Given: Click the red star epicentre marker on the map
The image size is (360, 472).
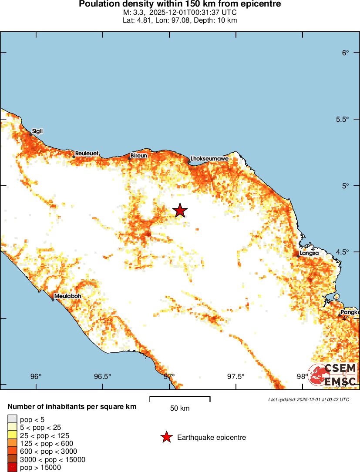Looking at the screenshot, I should pos(180,210).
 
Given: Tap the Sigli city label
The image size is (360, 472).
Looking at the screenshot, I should pos(37,131).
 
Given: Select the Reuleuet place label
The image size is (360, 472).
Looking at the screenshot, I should pos(87,154).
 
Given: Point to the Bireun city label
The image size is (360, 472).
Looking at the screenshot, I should pos(139,155).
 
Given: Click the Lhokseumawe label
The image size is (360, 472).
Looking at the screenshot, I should pos(209,159).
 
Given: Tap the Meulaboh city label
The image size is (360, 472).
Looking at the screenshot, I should pos(67,296).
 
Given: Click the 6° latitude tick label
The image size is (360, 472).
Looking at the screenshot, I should pos(346,53).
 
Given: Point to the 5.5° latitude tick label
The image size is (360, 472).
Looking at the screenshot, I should pos(343,120).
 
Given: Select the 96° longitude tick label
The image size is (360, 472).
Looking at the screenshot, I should pos(36,376).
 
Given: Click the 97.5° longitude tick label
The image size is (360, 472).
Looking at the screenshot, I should pos(236,376).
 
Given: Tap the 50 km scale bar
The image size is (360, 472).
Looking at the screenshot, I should pos(180,399).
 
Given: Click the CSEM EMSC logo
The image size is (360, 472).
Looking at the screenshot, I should pos(333,375).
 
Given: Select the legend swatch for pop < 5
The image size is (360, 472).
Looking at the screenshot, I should pos(12,419).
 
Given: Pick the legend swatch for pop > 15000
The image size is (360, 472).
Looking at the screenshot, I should pos(12,468).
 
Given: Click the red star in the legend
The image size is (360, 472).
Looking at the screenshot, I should pos(166,437).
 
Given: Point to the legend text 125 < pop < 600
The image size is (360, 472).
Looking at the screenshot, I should pos(48,444).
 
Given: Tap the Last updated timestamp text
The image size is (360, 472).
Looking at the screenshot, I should pos(309,399).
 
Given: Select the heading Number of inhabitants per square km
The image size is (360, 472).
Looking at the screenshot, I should pos(72,407).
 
